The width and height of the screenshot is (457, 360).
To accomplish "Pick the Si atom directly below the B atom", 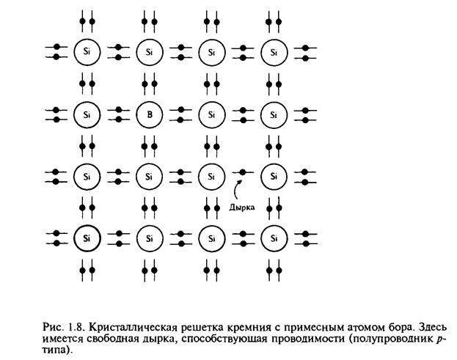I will point(149,176).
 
